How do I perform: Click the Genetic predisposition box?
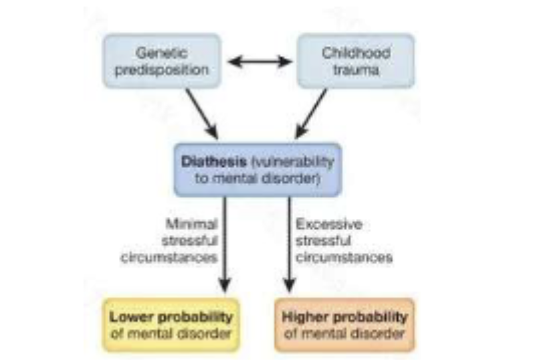[161, 61]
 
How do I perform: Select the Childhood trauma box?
[355, 61]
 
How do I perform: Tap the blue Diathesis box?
[257, 169]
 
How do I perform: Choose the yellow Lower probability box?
[171, 325]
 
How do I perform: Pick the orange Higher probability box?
[344, 325]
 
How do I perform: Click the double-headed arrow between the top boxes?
[259, 62]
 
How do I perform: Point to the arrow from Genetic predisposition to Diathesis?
[201, 113]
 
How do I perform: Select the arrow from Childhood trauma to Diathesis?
[312, 113]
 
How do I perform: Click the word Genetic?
[161, 53]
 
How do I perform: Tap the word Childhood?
[355, 53]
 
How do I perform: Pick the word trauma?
[355, 69]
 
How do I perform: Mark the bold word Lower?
[128, 317]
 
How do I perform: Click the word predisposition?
[161, 69]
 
